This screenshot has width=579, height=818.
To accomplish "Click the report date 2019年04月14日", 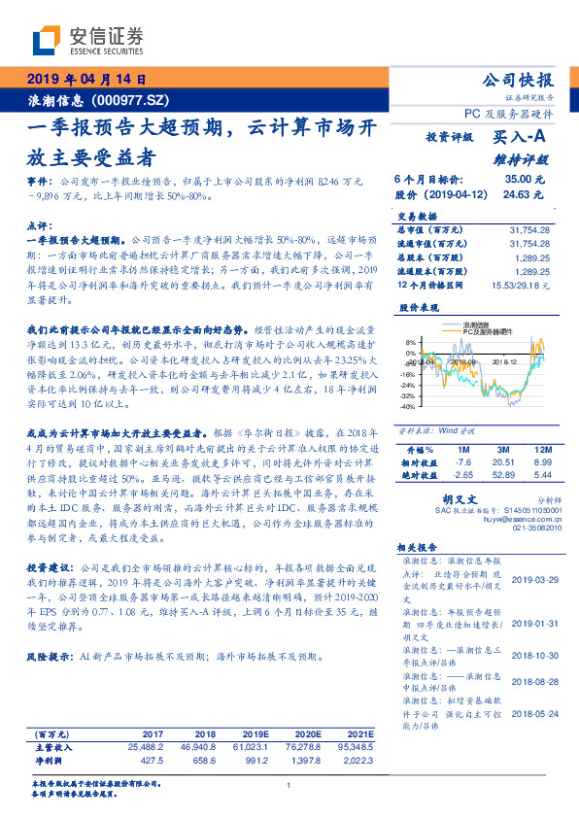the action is [85, 80].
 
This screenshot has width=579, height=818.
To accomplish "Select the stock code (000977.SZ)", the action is [131, 100].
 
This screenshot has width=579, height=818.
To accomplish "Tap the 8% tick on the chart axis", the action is [411, 342].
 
